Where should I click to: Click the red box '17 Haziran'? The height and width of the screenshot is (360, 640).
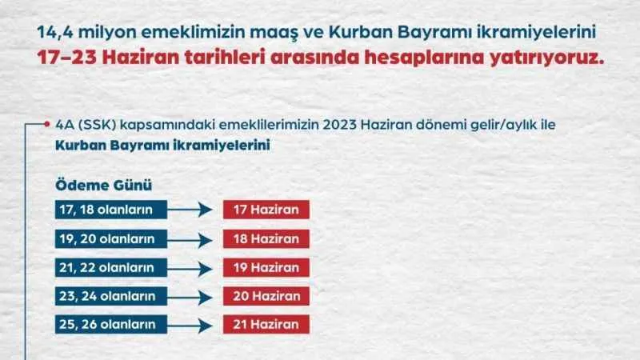pyautogui.click(x=266, y=210)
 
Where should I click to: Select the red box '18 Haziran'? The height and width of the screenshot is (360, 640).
pyautogui.click(x=266, y=239)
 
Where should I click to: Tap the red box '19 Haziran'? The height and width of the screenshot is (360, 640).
pyautogui.click(x=266, y=267)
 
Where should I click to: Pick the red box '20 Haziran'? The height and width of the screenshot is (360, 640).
pyautogui.click(x=266, y=296)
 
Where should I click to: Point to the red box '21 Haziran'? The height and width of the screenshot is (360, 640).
pyautogui.click(x=266, y=324)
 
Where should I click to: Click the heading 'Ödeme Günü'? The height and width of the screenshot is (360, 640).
pyautogui.click(x=103, y=185)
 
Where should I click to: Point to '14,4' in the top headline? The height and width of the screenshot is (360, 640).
pyautogui.click(x=56, y=33)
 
